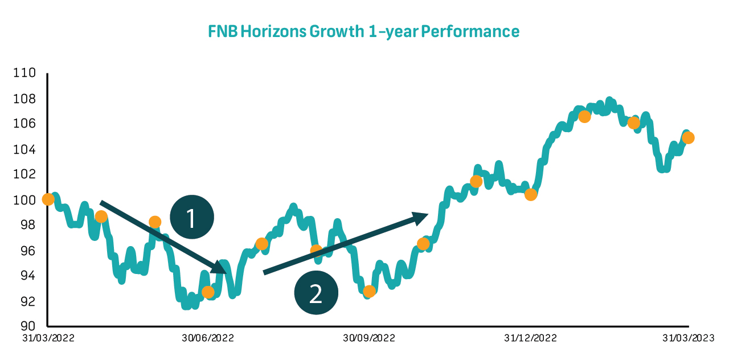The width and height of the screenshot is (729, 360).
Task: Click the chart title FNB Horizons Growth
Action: click(364, 31)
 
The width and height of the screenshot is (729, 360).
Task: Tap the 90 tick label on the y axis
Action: click(28, 326)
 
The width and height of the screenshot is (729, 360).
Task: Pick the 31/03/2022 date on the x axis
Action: click(48, 338)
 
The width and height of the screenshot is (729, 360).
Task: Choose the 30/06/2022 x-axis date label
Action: click(208, 338)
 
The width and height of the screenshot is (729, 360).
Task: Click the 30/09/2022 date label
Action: click(369, 338)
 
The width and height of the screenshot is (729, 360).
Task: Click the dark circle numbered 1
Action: click(191, 218)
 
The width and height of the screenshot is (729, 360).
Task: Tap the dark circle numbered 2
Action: click(316, 293)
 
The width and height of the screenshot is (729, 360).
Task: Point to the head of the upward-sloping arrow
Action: click(427, 214)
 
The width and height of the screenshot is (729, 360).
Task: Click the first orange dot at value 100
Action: click(48, 199)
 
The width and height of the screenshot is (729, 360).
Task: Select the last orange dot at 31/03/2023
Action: click(688, 138)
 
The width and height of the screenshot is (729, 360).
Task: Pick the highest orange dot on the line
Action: click(584, 117)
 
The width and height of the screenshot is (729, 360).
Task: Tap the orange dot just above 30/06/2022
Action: click(208, 292)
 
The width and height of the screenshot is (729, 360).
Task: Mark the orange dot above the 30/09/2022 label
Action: click(369, 292)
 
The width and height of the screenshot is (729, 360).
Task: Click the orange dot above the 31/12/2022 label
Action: click(531, 195)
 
